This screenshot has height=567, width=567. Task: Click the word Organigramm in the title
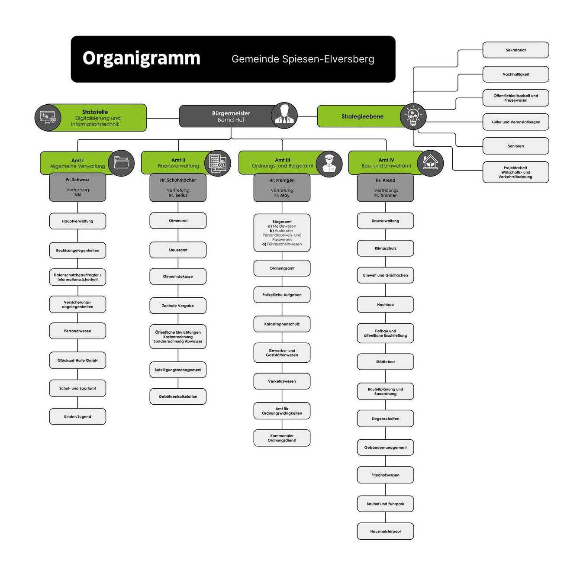[141, 58]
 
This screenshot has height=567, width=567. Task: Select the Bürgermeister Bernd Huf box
[231, 116]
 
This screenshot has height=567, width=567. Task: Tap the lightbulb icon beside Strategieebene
[413, 116]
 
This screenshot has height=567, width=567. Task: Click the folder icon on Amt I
[121, 163]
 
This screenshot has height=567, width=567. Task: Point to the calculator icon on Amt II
[217, 163]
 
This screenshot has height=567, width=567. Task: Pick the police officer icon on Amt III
[329, 163]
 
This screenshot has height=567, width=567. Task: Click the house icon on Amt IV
[430, 163]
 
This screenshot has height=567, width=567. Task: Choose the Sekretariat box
[515, 50]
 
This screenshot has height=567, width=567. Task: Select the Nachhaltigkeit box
[515, 74]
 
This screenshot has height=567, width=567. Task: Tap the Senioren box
[515, 146]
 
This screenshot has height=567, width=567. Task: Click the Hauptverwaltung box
[77, 221]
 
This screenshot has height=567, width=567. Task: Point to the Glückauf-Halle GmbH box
[77, 361]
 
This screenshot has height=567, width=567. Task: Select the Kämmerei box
[178, 221]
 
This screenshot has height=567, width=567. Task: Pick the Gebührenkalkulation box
[178, 396]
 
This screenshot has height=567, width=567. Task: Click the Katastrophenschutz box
[282, 324]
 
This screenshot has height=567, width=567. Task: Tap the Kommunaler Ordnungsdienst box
[282, 438]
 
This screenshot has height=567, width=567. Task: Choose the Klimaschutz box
[385, 248]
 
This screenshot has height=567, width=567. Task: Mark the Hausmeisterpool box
[385, 532]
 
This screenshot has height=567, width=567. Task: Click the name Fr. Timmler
[385, 196]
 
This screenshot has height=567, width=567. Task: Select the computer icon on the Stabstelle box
[48, 117]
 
